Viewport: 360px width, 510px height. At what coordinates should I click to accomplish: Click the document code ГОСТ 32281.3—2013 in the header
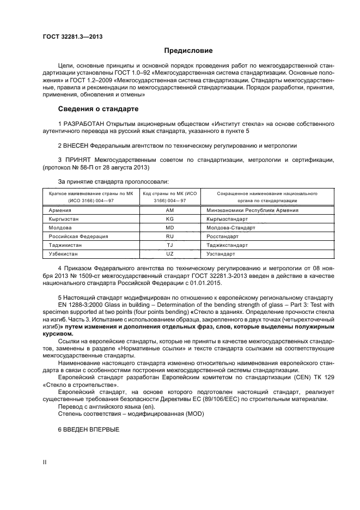pos(72,37)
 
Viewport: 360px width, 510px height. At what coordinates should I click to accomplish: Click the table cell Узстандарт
pos(221,254)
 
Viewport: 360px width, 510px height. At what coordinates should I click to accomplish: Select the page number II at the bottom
pos(45,462)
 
